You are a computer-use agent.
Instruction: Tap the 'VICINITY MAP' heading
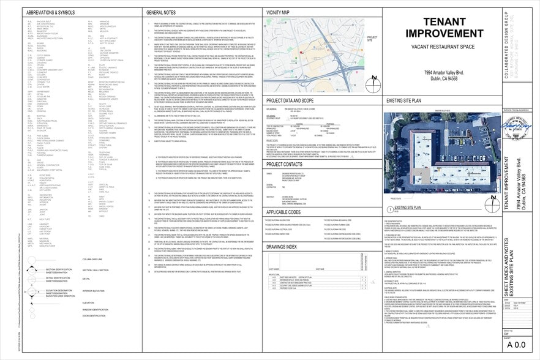point(278,12)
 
